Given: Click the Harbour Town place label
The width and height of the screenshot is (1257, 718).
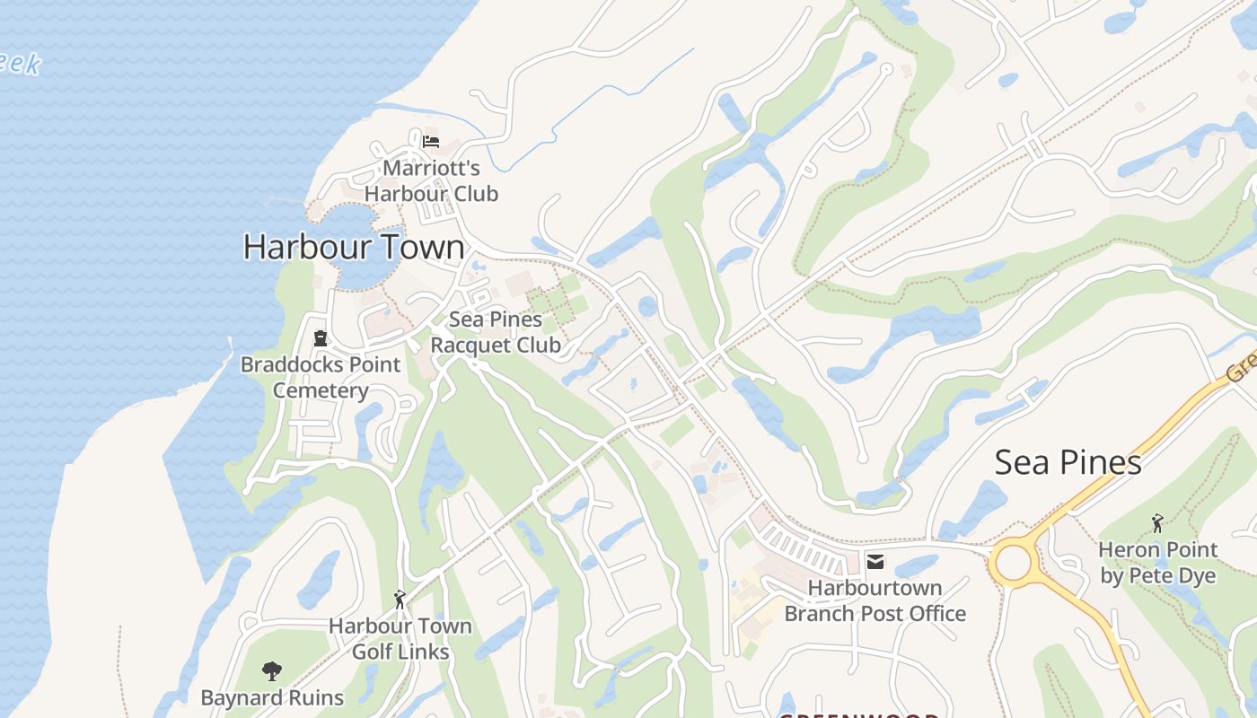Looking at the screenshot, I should (354, 247).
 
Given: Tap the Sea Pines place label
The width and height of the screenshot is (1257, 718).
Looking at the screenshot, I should (1068, 462).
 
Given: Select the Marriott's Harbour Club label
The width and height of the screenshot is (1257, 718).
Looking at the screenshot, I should (431, 180).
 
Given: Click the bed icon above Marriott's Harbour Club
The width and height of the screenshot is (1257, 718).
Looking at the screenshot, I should (431, 141).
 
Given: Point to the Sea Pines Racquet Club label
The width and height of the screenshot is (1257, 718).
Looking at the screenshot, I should (496, 332).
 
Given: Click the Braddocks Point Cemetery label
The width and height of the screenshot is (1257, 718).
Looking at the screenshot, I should (321, 378).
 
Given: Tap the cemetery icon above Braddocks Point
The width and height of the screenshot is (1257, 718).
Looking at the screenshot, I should (320, 338).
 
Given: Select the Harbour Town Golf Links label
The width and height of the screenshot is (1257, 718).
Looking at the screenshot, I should (400, 638).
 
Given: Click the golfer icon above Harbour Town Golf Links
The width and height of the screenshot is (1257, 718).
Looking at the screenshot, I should (400, 599).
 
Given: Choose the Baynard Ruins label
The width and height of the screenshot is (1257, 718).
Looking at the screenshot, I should (272, 697).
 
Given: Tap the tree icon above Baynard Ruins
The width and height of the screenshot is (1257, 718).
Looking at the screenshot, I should (271, 670).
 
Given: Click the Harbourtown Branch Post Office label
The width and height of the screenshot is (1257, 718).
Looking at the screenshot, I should (875, 600).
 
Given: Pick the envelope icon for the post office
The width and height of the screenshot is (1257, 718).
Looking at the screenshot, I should (875, 562).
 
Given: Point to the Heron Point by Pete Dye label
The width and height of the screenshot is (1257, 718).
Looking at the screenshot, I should (1158, 563).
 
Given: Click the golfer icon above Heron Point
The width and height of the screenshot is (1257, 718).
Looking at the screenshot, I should (1157, 522).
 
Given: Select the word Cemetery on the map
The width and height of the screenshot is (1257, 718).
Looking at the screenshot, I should (321, 391).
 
